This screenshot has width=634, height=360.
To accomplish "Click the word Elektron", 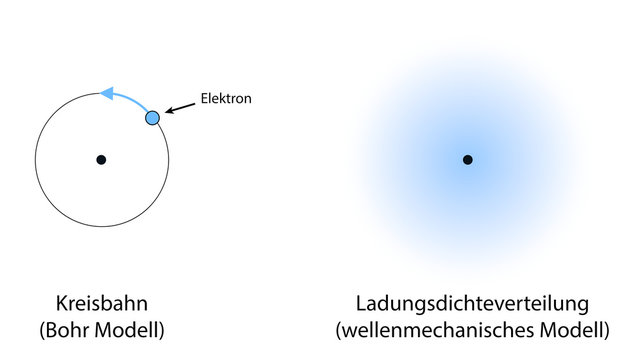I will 226,99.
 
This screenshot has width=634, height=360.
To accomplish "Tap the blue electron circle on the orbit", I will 152,118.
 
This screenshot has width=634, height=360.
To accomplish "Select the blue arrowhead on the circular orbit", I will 107,93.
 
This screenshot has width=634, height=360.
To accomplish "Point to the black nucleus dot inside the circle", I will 101,159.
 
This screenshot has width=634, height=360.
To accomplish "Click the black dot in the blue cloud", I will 467,159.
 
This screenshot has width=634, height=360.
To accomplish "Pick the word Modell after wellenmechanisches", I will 573,329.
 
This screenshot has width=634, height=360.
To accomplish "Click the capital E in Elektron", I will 204,99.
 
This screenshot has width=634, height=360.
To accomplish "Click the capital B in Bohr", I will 51,329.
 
